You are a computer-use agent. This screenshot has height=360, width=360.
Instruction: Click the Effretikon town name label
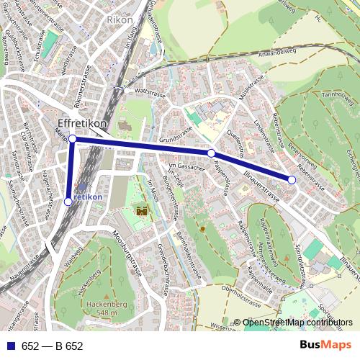(82, 124)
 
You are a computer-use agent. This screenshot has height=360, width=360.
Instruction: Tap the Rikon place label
(120, 20)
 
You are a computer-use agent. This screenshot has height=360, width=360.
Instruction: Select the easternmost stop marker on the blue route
(292, 179)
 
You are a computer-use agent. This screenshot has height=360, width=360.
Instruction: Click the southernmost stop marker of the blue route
(68, 202)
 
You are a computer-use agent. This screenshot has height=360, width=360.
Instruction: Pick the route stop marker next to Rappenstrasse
(211, 153)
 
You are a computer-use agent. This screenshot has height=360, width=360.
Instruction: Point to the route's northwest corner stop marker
(72, 138)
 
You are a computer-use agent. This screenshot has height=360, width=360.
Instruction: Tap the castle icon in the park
(142, 211)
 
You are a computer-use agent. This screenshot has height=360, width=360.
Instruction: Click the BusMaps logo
(325, 346)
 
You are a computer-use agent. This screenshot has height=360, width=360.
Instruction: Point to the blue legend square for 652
(11, 346)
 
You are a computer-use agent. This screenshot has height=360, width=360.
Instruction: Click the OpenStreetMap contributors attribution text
(297, 323)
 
